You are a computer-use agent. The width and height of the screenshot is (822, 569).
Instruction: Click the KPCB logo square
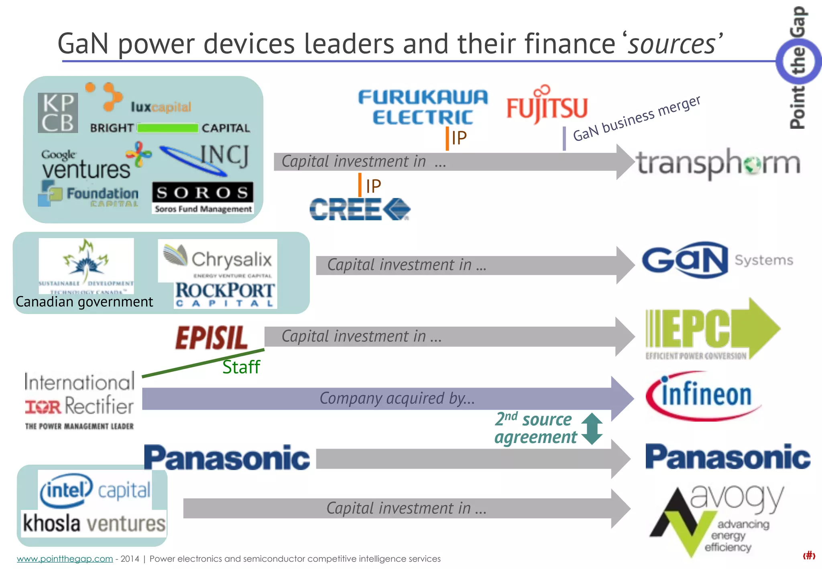58,113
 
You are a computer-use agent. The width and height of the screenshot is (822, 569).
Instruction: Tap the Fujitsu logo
547,105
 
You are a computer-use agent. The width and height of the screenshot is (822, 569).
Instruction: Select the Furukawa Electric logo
423,107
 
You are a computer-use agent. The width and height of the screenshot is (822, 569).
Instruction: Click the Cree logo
360,209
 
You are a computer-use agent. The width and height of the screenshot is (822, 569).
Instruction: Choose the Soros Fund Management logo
203,198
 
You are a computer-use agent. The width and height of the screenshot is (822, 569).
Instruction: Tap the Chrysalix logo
218,259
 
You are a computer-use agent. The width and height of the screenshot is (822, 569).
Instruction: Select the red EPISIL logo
212,337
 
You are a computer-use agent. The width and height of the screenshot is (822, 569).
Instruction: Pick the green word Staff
241,367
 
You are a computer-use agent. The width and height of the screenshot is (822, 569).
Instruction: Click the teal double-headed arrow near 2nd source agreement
592,429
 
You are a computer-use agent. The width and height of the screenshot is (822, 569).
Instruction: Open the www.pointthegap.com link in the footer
65,559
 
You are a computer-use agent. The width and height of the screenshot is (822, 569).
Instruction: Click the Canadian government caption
84,302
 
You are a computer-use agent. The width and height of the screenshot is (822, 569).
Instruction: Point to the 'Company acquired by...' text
397,398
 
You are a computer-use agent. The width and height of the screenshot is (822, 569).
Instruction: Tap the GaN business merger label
637,118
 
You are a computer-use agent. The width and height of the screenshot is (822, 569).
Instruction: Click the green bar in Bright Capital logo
168,128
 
